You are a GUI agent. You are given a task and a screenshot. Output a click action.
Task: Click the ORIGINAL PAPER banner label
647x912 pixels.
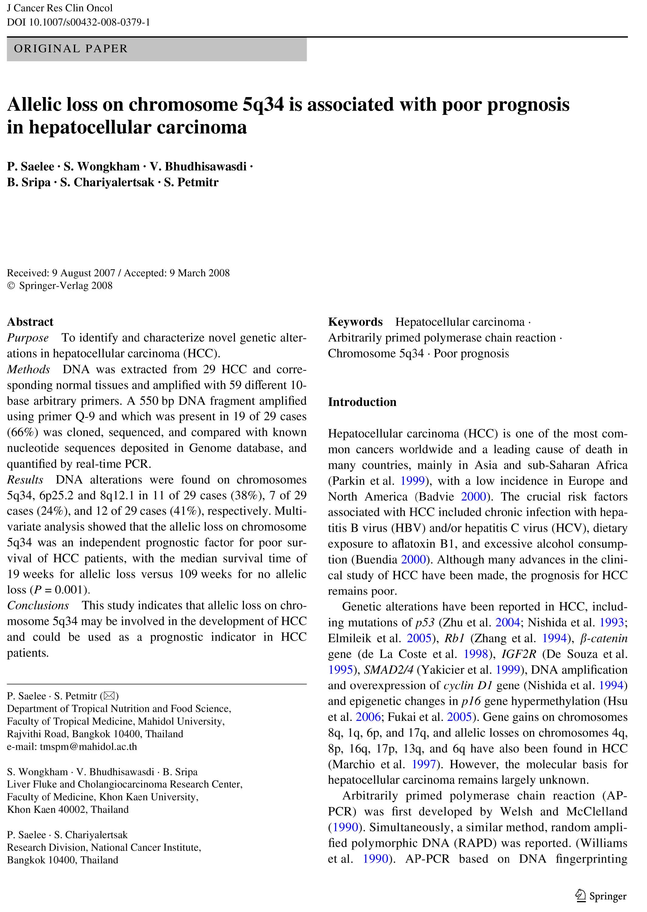71,49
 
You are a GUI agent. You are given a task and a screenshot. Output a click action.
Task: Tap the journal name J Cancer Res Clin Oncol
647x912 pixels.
60,8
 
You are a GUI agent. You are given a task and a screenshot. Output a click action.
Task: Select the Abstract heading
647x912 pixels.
30,322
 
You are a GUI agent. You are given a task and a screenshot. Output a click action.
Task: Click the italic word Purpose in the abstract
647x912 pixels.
28,338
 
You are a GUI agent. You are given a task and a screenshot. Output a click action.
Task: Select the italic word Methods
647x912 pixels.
28,369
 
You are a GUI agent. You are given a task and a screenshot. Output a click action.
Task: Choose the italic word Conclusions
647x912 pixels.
38,605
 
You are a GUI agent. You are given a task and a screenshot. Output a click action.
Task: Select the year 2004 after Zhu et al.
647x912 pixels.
508,622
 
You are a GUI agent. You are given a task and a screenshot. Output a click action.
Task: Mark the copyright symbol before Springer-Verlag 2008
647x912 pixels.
11,286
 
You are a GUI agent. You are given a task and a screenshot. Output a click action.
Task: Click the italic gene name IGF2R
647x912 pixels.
519,654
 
